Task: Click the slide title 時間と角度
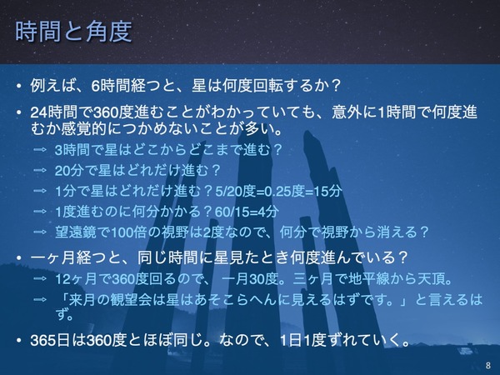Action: coord(73,34)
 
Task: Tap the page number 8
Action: coord(487,364)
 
